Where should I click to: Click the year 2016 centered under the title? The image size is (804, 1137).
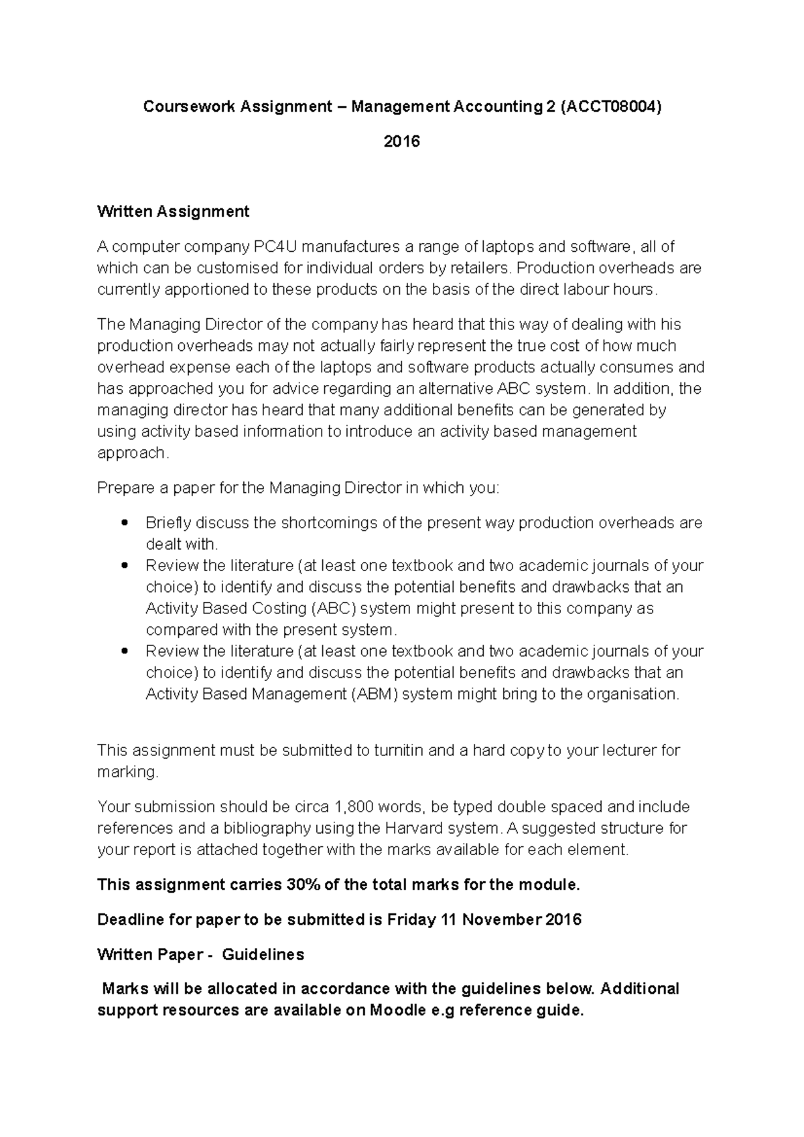[x=401, y=141]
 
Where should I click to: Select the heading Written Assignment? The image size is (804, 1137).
[x=173, y=212]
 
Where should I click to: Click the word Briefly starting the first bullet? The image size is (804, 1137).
[x=168, y=522]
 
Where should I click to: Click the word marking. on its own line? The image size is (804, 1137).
[x=128, y=771]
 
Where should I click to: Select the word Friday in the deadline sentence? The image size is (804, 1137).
[x=411, y=919]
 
